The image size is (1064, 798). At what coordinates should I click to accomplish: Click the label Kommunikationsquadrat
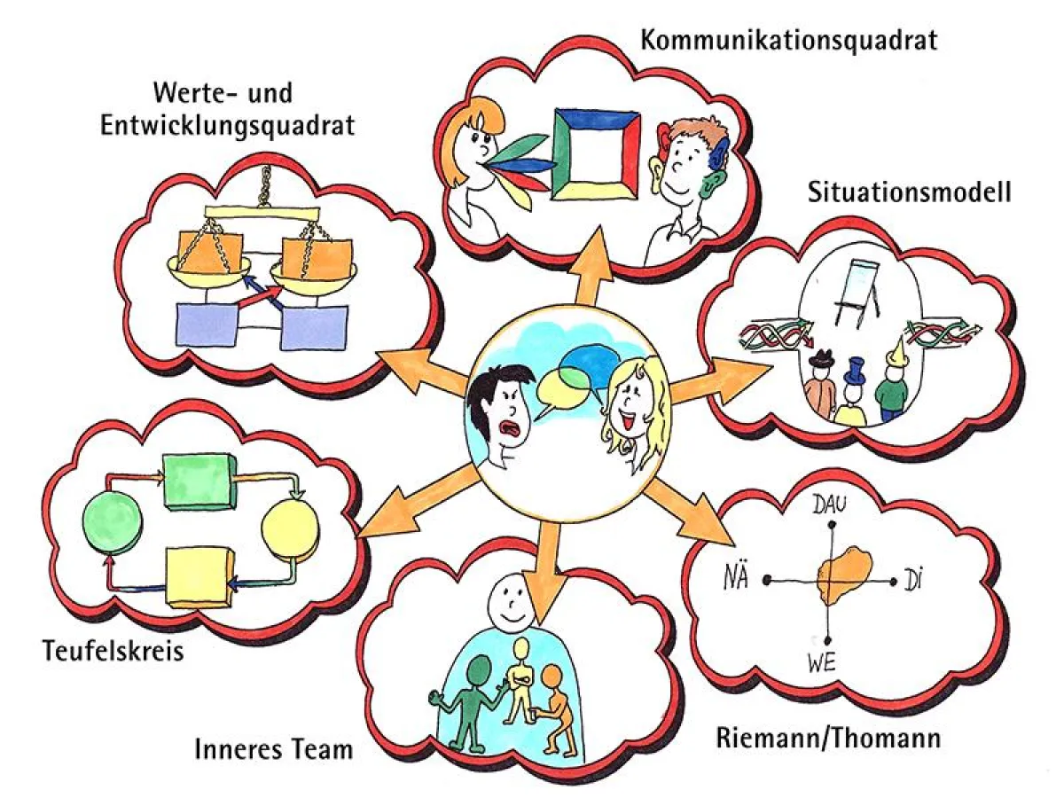click(x=788, y=40)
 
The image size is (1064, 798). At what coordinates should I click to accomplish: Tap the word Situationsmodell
click(x=909, y=192)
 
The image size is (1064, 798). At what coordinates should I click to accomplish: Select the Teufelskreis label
click(x=113, y=652)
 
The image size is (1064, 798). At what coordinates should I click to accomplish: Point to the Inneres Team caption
click(x=273, y=749)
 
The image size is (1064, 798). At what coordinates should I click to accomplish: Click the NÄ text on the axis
click(x=737, y=581)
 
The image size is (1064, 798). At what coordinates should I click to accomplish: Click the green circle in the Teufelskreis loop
click(x=112, y=526)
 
